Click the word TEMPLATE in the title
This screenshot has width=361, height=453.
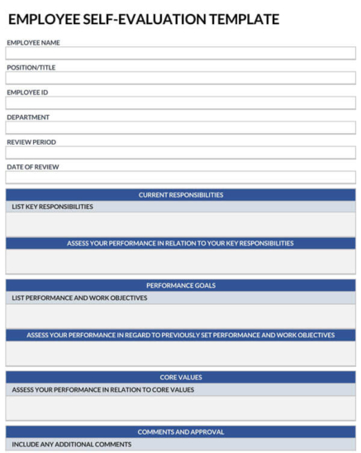(244, 19)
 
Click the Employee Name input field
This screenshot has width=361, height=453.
(180, 54)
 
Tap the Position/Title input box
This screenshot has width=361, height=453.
(180, 79)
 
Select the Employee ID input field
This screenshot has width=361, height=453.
(180, 103)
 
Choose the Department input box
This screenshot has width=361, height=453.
(180, 128)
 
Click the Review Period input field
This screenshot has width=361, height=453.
(180, 153)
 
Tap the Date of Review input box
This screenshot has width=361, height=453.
(180, 178)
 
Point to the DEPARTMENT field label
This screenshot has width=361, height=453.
(28, 117)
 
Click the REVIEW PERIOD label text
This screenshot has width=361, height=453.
(31, 142)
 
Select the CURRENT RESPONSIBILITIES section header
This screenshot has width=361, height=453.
(180, 195)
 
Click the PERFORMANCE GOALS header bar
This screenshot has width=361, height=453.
(180, 285)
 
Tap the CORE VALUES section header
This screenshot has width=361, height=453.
(180, 378)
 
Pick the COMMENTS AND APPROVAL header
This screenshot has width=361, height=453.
(180, 432)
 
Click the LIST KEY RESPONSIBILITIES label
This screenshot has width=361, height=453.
(52, 207)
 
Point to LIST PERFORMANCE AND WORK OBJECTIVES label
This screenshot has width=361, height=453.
(79, 298)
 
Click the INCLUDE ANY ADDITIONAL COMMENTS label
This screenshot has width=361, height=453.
(71, 444)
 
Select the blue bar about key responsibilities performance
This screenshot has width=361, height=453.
(180, 244)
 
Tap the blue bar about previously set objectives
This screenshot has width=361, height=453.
(180, 336)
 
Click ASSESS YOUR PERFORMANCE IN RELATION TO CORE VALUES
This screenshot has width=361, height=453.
(102, 389)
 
